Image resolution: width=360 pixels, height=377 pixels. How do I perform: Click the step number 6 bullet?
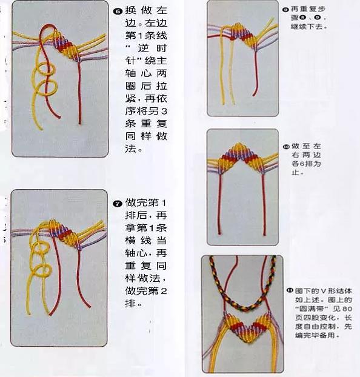coord(118,12)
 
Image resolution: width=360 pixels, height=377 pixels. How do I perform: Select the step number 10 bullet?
coord(286,147)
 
